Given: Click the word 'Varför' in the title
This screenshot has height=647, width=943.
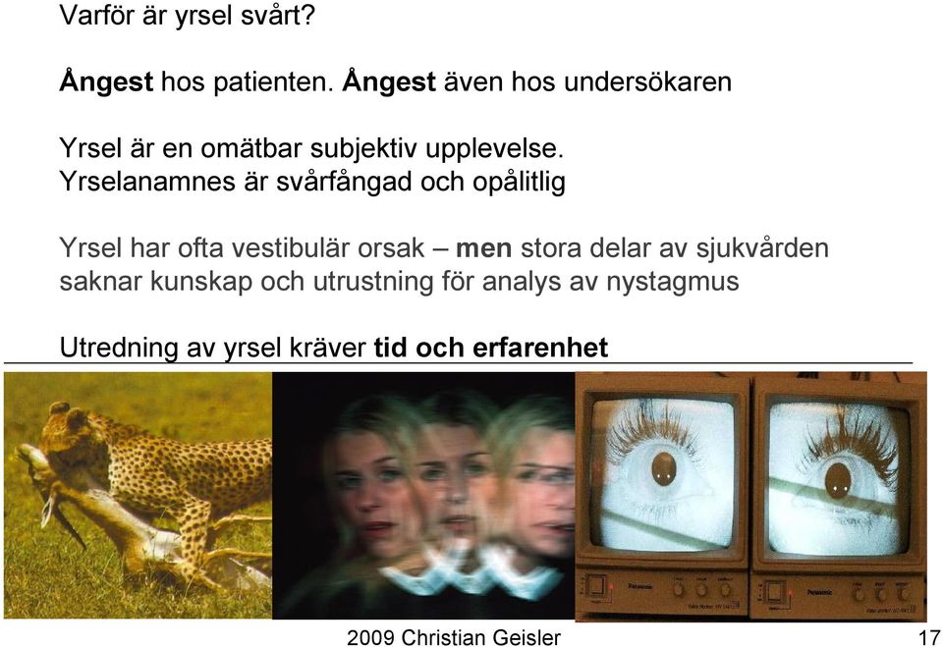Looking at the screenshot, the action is [96, 15].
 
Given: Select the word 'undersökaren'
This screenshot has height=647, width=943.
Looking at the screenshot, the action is [647, 81].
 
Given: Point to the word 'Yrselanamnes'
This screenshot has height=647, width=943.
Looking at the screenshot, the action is [147, 181].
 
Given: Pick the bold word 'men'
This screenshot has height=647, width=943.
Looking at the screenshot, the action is [484, 247].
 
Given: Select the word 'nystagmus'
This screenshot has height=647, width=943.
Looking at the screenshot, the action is [672, 282].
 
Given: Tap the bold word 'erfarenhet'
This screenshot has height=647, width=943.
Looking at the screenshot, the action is [540, 348].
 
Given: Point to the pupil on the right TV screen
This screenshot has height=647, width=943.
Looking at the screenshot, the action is [837, 479].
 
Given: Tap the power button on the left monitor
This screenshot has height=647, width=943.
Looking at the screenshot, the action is [596, 586].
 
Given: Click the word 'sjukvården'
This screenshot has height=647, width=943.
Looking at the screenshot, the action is [762, 248].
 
